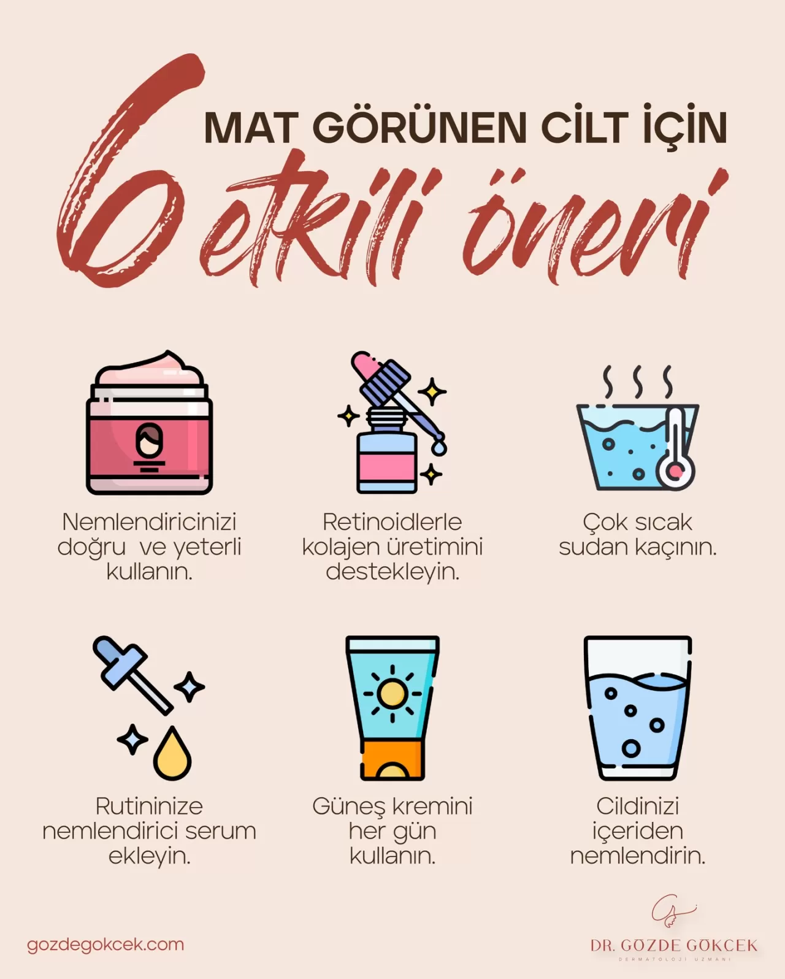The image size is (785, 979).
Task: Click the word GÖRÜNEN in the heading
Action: [x=419, y=128]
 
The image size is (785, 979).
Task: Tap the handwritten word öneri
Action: [x=589, y=230]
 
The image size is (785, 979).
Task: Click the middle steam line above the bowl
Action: [x=638, y=382]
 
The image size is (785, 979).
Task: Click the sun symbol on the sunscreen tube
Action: [x=392, y=694]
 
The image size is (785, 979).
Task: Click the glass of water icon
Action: [x=638, y=708]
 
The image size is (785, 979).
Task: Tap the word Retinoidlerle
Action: [x=392, y=522]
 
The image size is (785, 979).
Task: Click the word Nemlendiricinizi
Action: [x=149, y=522]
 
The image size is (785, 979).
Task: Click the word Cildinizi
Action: [x=638, y=806]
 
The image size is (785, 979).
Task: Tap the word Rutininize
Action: [x=149, y=806]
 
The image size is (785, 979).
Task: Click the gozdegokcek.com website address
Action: [x=105, y=944]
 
